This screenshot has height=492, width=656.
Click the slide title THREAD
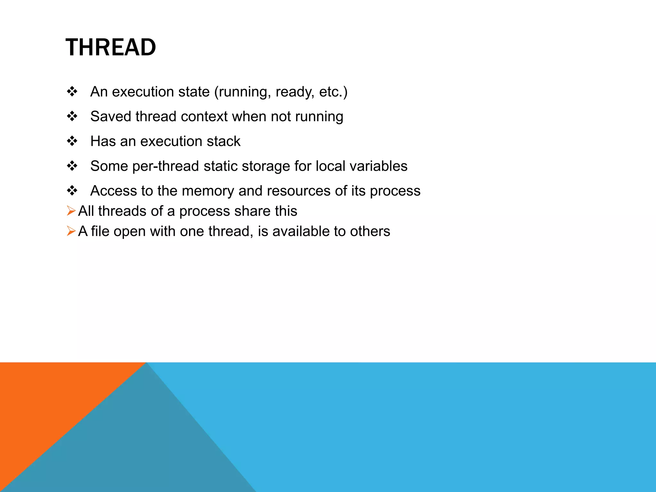point(111,47)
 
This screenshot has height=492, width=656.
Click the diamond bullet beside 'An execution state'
point(72,92)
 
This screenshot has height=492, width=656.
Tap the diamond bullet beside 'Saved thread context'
point(72,116)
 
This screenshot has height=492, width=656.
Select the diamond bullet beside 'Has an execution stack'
point(72,141)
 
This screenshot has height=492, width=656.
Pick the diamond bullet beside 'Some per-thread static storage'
point(72,166)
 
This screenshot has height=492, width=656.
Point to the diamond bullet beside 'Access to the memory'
point(72,191)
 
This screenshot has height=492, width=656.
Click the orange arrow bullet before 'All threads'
point(71,211)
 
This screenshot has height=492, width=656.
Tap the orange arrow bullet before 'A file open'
point(71,231)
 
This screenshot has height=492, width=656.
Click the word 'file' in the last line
point(100,231)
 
